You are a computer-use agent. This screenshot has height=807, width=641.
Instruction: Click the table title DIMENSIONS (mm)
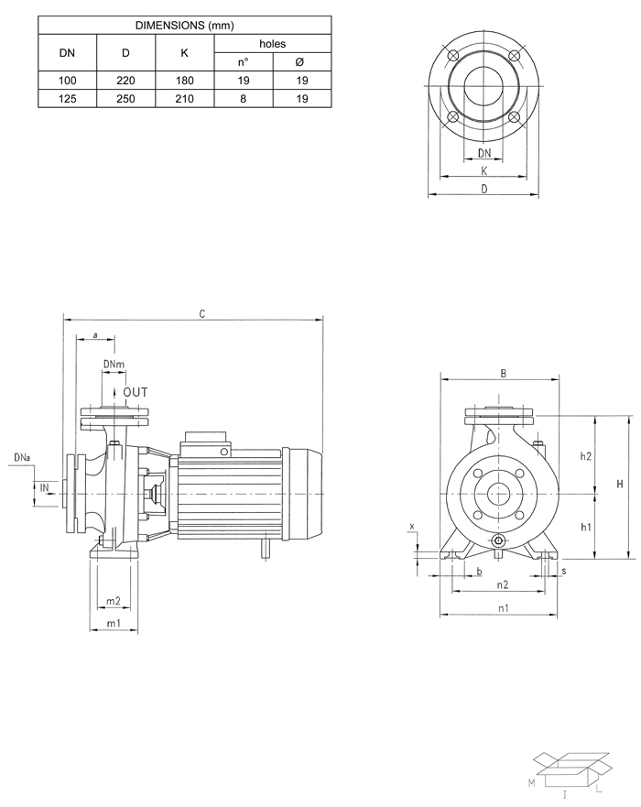[x=184, y=26]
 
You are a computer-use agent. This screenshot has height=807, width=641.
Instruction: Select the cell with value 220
[x=125, y=82]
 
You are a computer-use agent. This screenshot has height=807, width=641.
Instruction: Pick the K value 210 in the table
[x=184, y=99]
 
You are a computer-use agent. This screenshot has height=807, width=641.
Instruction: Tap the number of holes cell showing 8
[x=243, y=99]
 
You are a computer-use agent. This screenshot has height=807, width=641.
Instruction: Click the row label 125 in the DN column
[x=67, y=99]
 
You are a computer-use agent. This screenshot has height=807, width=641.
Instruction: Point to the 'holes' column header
[x=272, y=43]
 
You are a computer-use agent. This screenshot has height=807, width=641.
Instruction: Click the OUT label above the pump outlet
[x=135, y=392]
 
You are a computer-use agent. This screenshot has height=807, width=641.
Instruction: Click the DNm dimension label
[x=114, y=365]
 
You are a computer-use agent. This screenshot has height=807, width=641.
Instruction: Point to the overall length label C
[x=201, y=314]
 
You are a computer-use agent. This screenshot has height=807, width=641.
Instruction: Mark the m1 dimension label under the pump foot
[x=114, y=623]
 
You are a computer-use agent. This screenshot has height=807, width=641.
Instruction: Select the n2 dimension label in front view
[x=502, y=583]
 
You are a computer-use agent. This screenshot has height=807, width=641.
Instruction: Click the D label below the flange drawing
[x=483, y=188]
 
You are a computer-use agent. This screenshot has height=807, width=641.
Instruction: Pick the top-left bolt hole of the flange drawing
[x=451, y=56]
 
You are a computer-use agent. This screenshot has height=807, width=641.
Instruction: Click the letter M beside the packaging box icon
[x=530, y=785]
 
